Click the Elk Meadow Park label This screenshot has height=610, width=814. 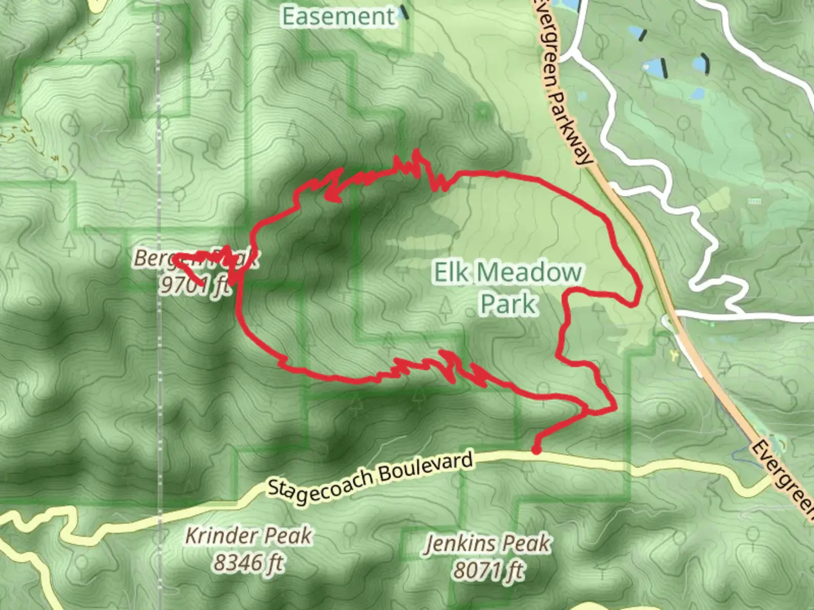(x=507, y=288)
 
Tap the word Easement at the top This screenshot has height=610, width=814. (x=338, y=16)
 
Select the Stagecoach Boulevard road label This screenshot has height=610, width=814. (x=370, y=474)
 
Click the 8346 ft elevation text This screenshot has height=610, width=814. (x=249, y=563)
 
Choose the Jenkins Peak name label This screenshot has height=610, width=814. (x=487, y=544)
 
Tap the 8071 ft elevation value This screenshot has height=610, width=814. (x=487, y=571)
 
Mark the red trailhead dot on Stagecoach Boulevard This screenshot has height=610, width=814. (x=535, y=450)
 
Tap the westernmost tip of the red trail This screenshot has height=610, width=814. (x=173, y=258)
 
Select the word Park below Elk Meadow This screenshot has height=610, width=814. (x=508, y=304)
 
